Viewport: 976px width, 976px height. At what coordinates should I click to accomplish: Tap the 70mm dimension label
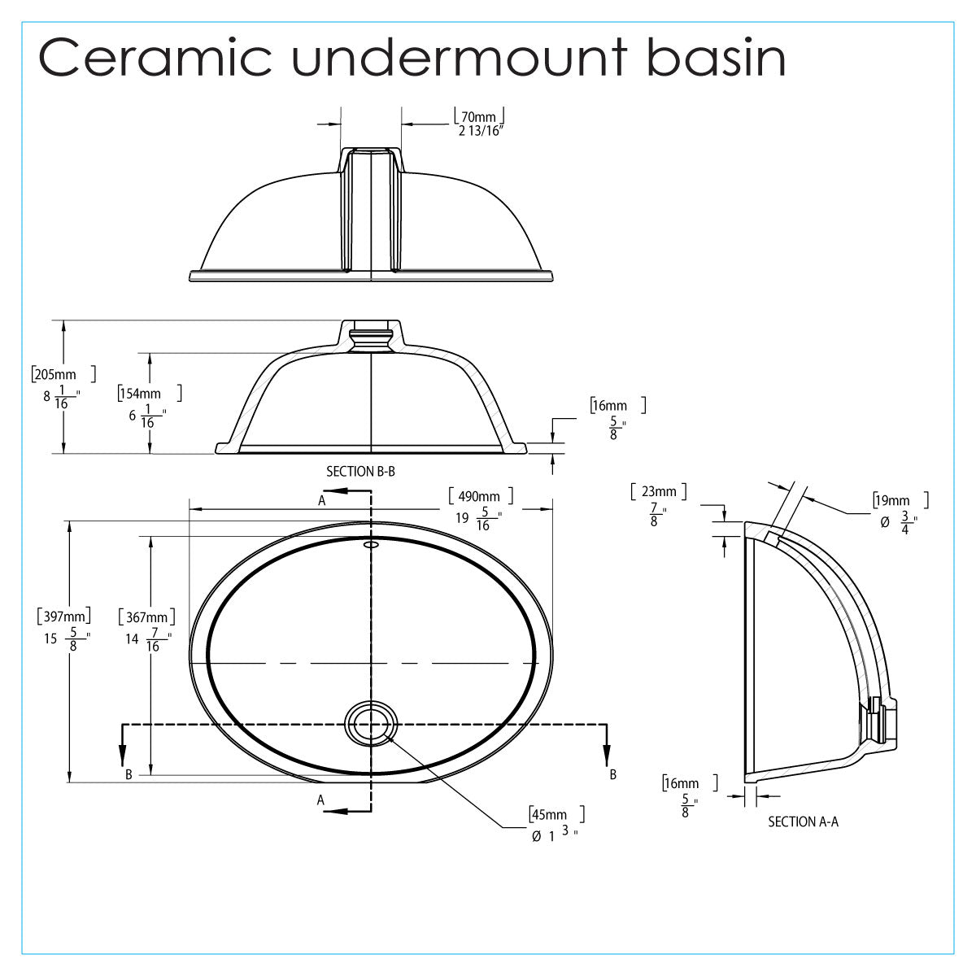[478, 115]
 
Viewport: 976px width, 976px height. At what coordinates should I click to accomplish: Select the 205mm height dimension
[54, 375]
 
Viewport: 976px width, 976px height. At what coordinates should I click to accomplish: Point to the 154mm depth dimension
[140, 394]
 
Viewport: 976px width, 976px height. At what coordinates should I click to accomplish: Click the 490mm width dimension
[479, 496]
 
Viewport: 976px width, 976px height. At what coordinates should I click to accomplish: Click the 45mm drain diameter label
[548, 814]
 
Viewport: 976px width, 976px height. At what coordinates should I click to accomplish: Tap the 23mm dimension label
[658, 491]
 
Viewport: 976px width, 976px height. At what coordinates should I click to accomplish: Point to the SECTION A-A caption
[803, 821]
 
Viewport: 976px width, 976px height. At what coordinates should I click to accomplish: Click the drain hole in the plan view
[371, 723]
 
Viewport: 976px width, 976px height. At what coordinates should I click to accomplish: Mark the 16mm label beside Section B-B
[610, 405]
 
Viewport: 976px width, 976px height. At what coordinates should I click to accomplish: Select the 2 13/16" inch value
[481, 131]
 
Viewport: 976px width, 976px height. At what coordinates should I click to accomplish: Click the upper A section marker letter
[322, 501]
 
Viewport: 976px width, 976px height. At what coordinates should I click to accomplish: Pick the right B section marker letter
[612, 774]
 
